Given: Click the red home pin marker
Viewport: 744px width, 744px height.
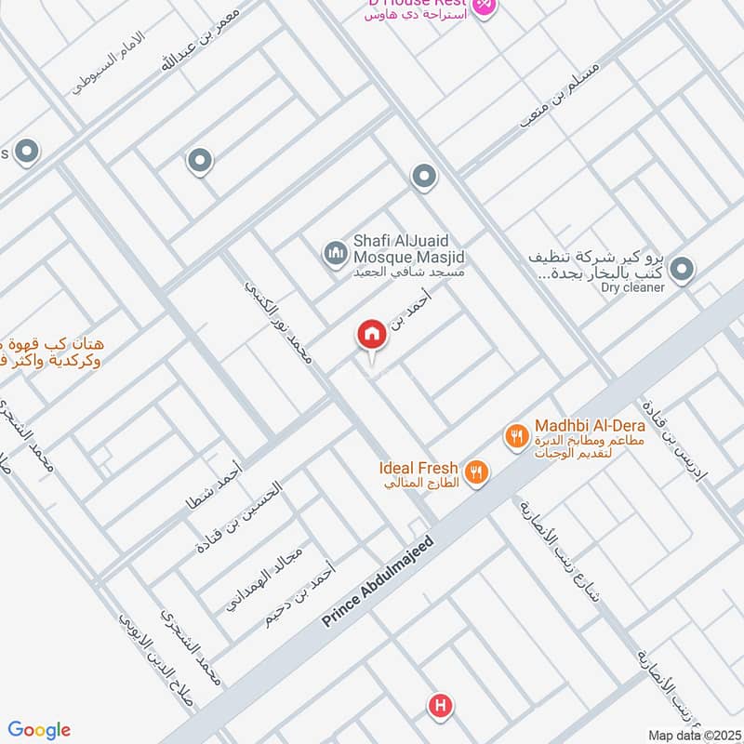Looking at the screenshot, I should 372,336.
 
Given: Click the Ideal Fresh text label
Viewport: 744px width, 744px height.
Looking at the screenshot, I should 418,468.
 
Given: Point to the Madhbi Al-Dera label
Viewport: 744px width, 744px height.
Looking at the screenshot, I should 574,427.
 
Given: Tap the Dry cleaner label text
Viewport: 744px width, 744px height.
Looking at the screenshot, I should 632,287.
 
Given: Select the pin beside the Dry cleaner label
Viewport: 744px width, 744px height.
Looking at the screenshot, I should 683,270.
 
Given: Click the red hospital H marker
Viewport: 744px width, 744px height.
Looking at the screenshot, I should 441,707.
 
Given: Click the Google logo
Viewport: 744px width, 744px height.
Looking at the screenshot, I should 39,730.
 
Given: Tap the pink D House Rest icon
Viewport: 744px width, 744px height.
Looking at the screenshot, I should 484,6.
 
